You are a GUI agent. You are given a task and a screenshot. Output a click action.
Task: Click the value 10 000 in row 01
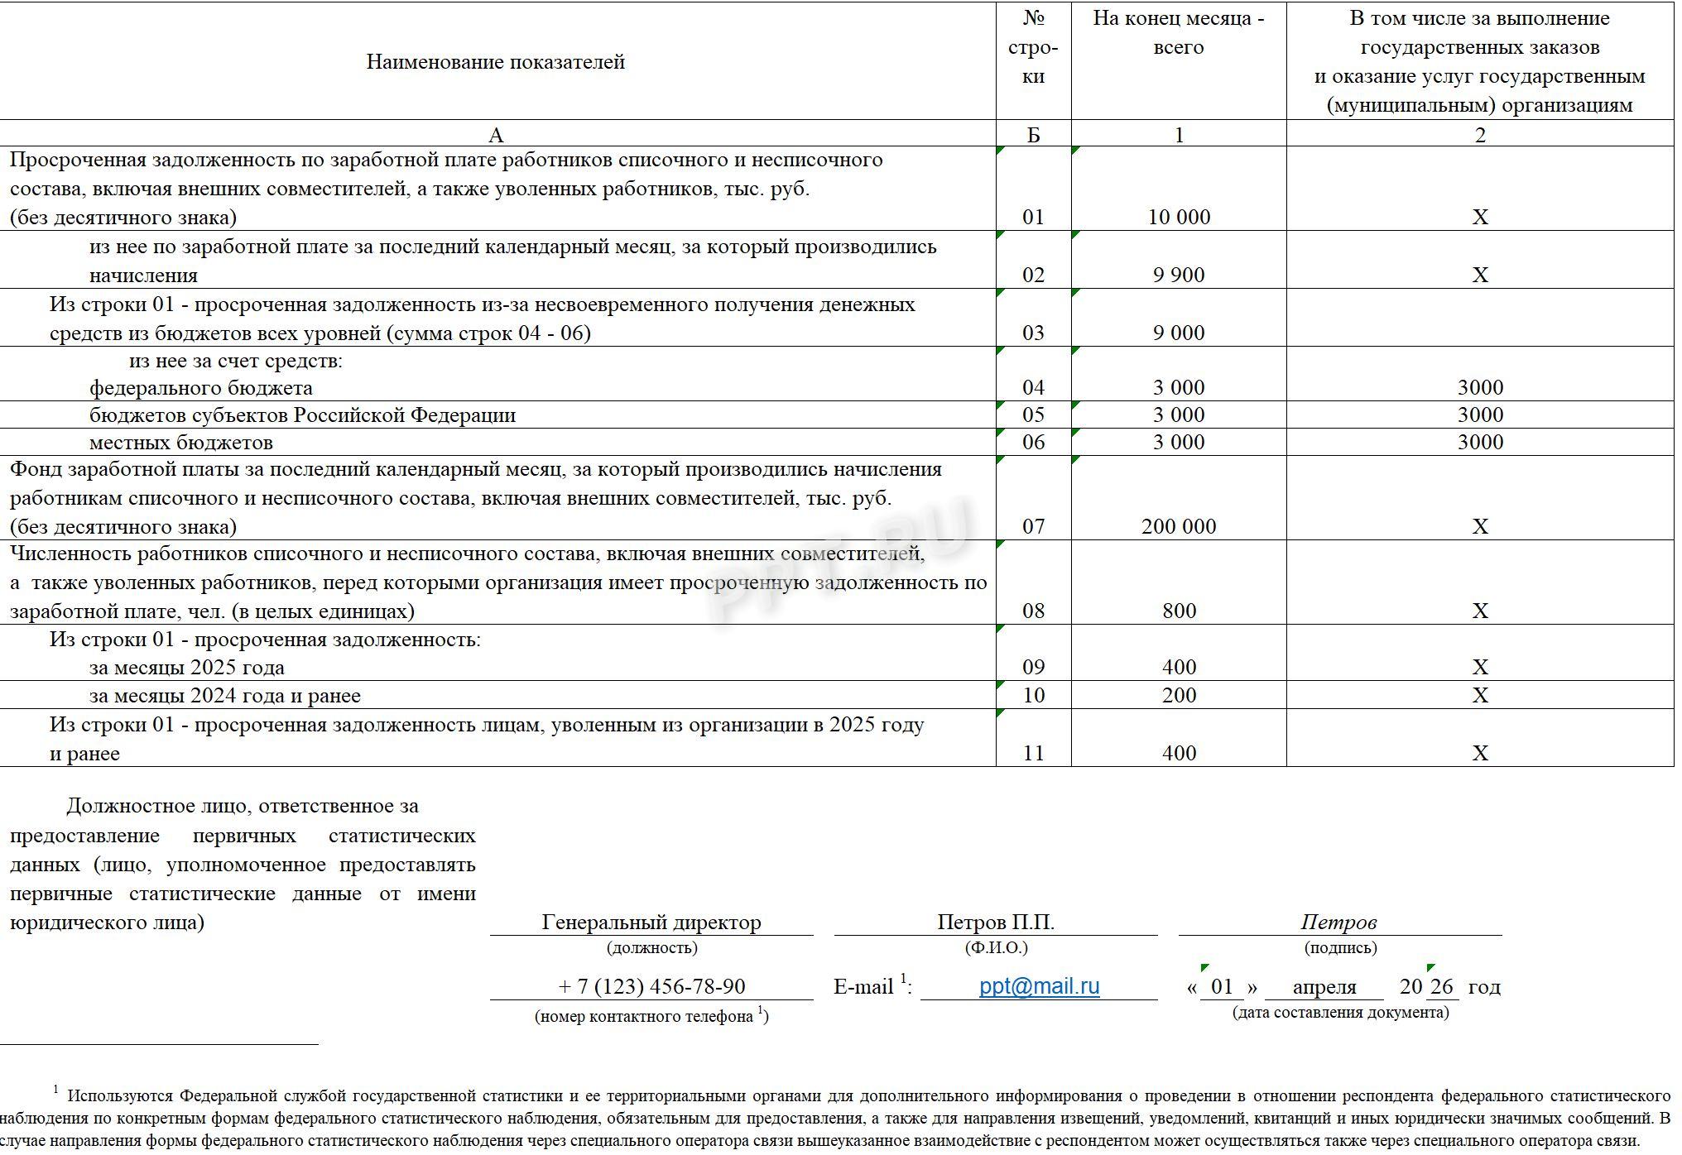coord(1179,217)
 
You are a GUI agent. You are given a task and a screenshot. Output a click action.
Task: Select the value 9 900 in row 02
coord(1179,275)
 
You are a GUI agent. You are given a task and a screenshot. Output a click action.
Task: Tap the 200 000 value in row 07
coord(1179,526)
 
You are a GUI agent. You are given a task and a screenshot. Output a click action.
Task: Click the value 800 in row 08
coord(1179,611)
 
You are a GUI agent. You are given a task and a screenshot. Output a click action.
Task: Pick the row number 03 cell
coord(1033,333)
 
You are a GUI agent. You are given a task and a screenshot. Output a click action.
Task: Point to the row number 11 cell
coord(1033,753)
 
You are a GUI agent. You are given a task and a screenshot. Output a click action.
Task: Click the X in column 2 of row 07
coord(1480,526)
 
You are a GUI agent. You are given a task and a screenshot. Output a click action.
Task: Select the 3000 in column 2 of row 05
coord(1480,415)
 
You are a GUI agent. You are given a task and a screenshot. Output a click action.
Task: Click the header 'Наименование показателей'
coord(495,62)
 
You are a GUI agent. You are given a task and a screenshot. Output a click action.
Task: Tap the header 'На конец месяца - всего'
coord(1179,33)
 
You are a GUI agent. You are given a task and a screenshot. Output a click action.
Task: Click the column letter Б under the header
coord(1033,135)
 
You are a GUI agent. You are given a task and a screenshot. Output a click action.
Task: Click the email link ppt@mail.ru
coord(1039,986)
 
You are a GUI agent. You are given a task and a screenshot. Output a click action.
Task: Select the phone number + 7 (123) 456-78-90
coord(651,986)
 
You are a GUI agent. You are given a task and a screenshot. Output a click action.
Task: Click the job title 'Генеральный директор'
coord(651,922)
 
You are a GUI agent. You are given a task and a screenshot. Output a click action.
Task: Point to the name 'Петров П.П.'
coord(996,922)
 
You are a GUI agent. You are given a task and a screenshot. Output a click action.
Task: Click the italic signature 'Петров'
coord(1338,922)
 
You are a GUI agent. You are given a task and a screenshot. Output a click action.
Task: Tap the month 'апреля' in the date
coord(1324,987)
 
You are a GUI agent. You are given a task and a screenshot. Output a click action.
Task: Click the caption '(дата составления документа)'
coord(1340,1013)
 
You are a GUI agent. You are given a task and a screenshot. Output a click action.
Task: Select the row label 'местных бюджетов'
coord(180,442)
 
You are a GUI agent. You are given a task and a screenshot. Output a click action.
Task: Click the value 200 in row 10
coord(1179,695)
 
